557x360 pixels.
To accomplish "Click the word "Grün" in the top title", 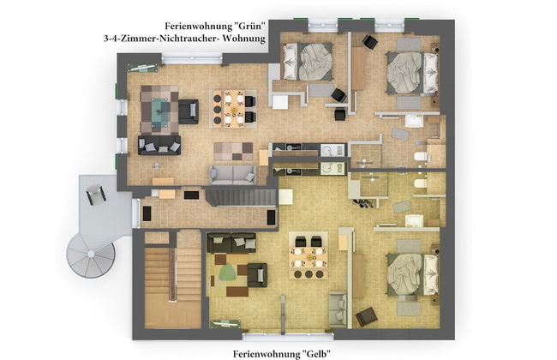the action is point(249,26).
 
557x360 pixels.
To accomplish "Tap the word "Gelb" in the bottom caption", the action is point(316,354).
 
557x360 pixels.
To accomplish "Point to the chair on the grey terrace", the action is point(95,194).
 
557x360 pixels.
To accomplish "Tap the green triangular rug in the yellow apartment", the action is point(226,273).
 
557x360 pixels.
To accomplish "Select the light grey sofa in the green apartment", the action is point(233,174).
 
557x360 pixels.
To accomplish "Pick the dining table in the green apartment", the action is point(234,108).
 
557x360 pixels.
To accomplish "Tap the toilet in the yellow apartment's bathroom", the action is point(421,184).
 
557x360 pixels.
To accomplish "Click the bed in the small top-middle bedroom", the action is point(308,62).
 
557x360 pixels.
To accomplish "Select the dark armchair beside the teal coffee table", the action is point(189,111).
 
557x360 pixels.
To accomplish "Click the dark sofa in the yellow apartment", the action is point(231,243).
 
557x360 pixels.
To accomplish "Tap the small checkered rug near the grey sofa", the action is point(233,152).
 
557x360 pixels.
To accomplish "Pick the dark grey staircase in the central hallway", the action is point(241,198).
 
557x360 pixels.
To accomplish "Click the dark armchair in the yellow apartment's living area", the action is point(257,275).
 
